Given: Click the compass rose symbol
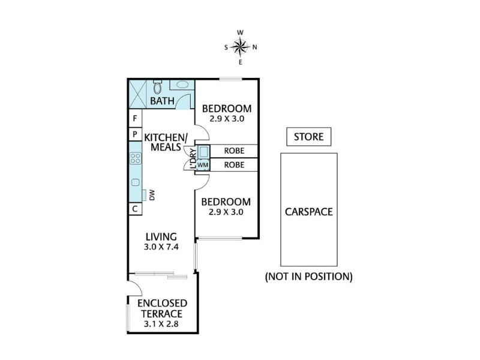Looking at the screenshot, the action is [x=241, y=47].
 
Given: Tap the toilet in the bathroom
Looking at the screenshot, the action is [x=157, y=87].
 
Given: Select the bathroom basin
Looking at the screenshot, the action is [x=182, y=85].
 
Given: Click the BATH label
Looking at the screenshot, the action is [x=162, y=101].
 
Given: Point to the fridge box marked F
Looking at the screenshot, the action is [x=136, y=118].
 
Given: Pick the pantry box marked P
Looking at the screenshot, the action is [x=136, y=134].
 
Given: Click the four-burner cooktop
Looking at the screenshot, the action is [x=136, y=158].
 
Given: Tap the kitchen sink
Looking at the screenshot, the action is [x=136, y=182].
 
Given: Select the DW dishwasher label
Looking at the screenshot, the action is [x=152, y=195].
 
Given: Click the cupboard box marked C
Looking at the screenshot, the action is [x=136, y=209].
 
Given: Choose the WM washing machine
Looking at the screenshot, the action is [x=203, y=165].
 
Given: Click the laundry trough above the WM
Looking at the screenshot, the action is [x=203, y=152].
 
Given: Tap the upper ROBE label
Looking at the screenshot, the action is [x=234, y=151].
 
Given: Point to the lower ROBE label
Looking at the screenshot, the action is [x=234, y=165].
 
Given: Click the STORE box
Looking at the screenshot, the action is [x=309, y=137].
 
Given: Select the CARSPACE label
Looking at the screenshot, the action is [x=309, y=212].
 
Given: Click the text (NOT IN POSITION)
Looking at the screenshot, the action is [x=309, y=277].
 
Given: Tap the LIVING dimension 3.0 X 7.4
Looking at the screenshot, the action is [x=161, y=247].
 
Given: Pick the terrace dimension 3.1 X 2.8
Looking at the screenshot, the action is [x=161, y=324].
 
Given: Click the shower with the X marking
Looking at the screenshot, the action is [x=137, y=94].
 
